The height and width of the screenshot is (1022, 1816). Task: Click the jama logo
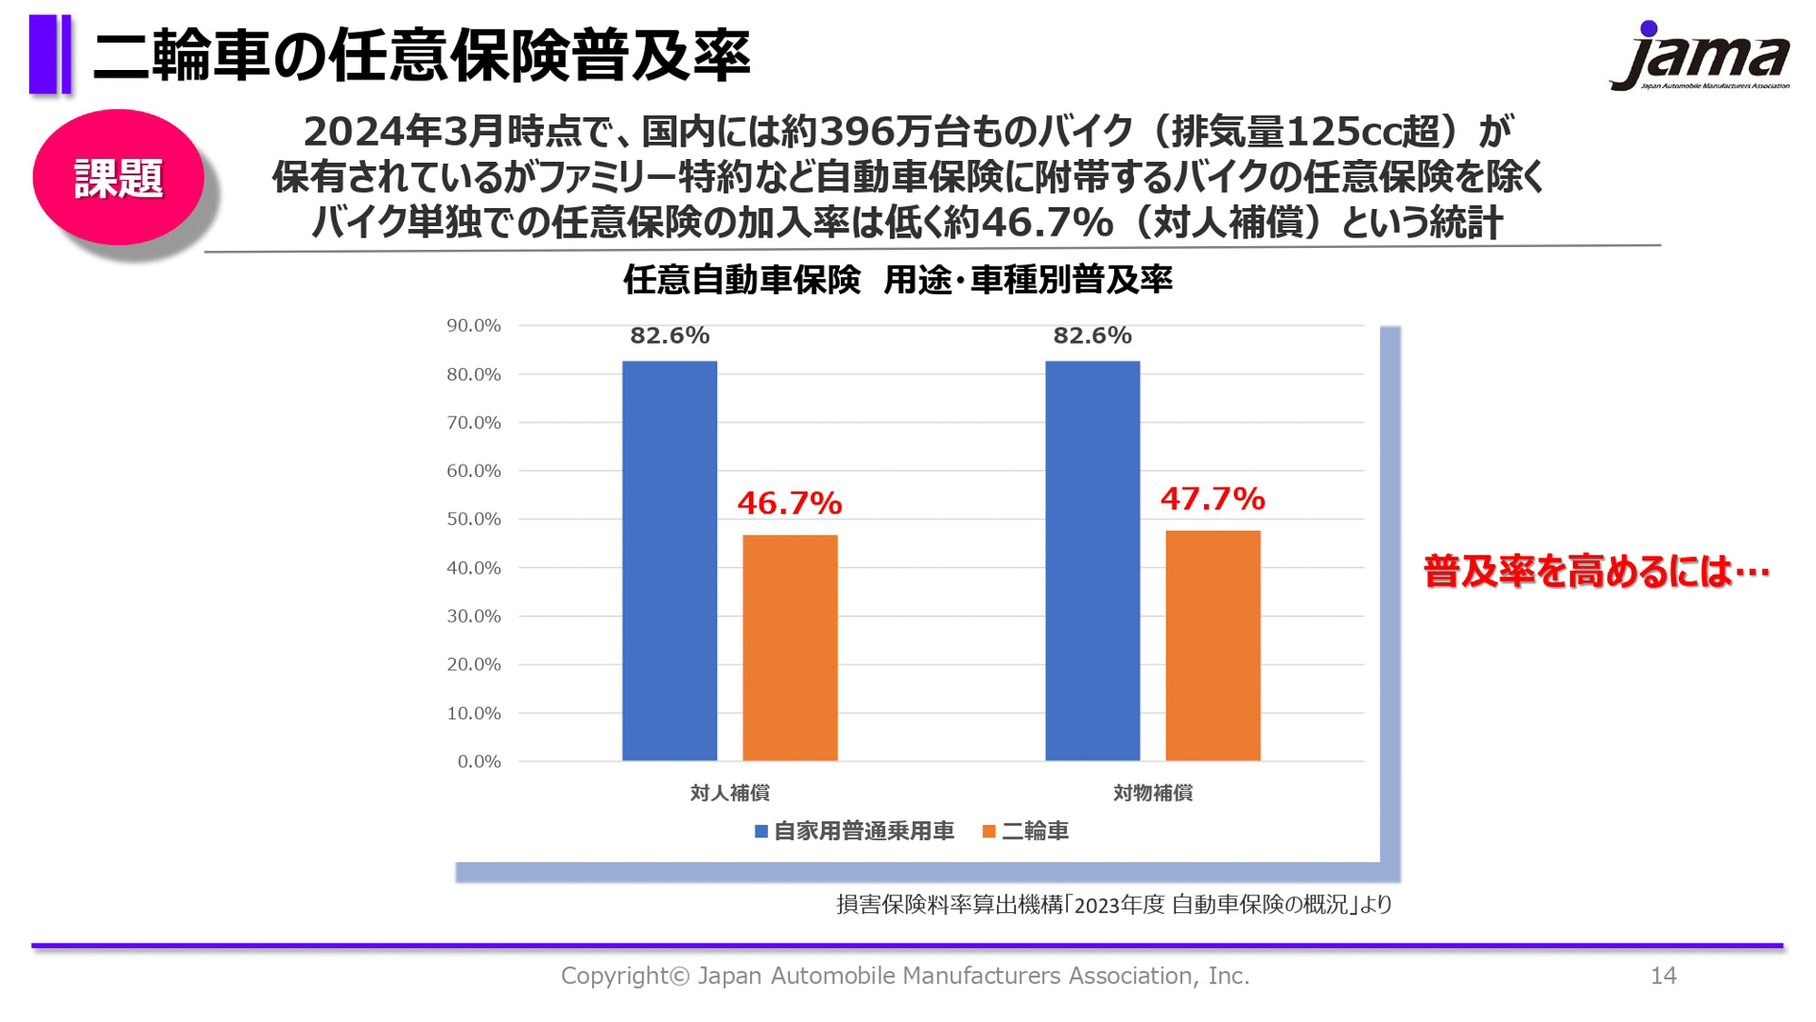tap(1700, 57)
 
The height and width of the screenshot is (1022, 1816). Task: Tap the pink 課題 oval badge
tap(118, 177)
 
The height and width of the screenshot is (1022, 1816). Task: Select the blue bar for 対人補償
tap(669, 560)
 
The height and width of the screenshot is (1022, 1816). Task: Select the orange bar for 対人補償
tap(790, 647)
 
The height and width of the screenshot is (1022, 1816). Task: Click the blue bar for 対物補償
tap(1091, 560)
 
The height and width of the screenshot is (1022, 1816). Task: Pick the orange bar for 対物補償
tap(1213, 645)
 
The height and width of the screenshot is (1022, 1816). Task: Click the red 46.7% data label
tap(790, 502)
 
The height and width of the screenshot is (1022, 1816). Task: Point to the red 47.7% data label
tap(1213, 499)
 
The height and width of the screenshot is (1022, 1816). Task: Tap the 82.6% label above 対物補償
tap(1091, 335)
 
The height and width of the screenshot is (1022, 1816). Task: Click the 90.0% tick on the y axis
tap(473, 326)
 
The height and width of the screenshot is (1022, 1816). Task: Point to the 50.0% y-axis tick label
tap(473, 519)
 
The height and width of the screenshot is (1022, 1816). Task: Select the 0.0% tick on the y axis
tap(479, 761)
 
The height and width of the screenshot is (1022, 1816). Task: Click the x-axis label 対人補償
tap(729, 793)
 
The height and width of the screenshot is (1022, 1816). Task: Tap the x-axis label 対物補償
tap(1152, 793)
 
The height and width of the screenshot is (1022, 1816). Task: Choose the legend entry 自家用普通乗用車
tap(854, 831)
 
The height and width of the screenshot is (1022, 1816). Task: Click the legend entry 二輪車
tap(1026, 831)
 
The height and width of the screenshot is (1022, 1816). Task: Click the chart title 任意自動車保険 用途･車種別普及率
tap(898, 280)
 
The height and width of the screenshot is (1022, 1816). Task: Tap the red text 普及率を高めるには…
tap(1597, 571)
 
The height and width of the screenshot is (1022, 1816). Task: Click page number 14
tap(1663, 976)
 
